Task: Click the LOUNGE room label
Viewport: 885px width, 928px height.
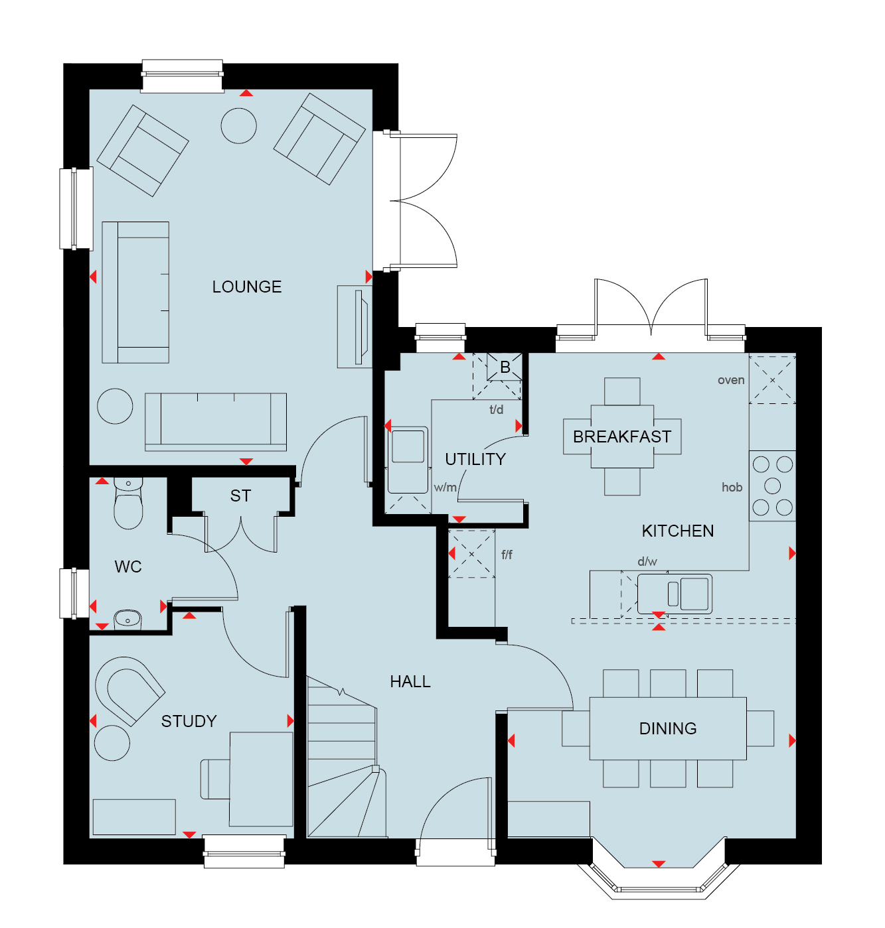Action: tap(247, 287)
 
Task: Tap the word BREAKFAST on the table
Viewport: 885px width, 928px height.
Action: tap(622, 436)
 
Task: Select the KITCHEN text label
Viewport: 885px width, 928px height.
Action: tap(678, 531)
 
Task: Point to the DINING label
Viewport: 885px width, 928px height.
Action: tap(668, 728)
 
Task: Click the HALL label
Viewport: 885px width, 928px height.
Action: tap(410, 681)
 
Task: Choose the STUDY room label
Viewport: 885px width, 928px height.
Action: tap(189, 721)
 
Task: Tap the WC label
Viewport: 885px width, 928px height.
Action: tap(128, 566)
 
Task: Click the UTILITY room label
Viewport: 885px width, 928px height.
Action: tap(475, 459)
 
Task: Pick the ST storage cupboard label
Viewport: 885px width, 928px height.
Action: tap(240, 496)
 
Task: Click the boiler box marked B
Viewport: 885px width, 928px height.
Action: tap(505, 367)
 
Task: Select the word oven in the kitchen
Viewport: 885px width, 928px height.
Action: tap(731, 380)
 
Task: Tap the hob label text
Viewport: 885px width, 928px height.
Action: tap(732, 487)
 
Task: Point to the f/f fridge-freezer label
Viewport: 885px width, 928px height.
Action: tap(507, 555)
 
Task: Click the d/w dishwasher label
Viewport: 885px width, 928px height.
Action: tap(647, 561)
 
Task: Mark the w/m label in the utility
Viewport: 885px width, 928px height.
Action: tap(445, 487)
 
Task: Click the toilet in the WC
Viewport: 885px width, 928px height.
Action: tap(128, 503)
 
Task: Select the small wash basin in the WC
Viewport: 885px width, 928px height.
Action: tap(127, 618)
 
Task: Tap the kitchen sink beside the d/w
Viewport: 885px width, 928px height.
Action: tap(675, 594)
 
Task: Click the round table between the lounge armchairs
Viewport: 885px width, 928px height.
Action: tap(238, 125)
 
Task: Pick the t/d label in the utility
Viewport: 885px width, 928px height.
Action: tap(496, 409)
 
